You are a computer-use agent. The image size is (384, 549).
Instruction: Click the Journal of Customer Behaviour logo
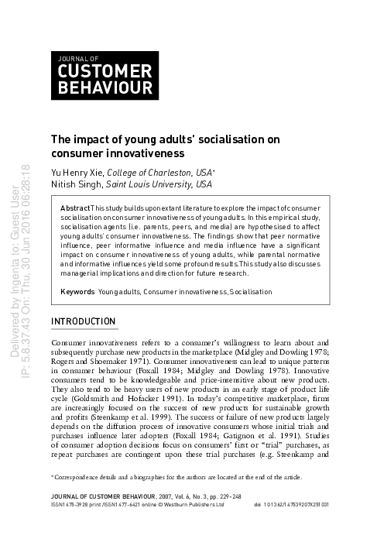coord(105,76)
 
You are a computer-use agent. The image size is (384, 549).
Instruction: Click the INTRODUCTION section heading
coord(83,321)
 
